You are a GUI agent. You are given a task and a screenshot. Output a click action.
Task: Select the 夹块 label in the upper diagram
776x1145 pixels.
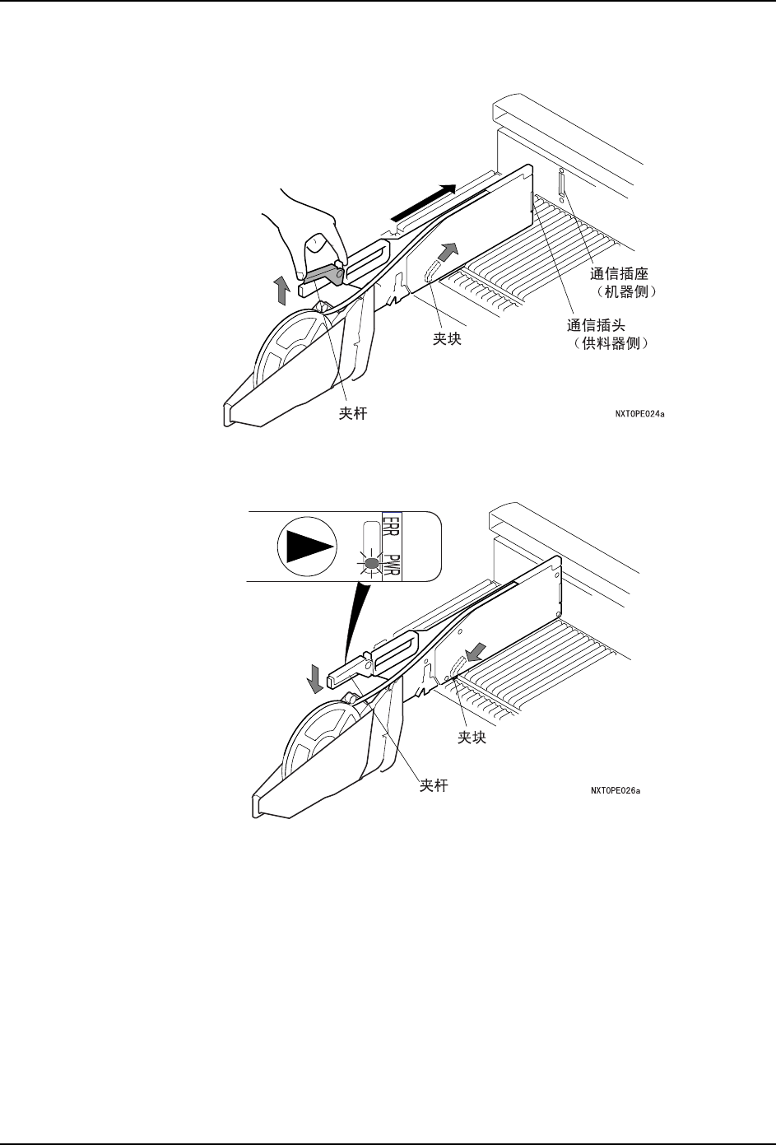pyautogui.click(x=447, y=338)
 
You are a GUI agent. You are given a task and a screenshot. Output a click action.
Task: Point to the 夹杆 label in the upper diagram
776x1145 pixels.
pyautogui.click(x=353, y=414)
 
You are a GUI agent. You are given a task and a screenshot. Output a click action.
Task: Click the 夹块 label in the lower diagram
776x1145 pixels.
pyautogui.click(x=472, y=738)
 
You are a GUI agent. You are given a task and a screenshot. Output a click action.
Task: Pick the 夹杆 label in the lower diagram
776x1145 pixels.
pyautogui.click(x=434, y=785)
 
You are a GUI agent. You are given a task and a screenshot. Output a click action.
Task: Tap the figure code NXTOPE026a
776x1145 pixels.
pyautogui.click(x=615, y=791)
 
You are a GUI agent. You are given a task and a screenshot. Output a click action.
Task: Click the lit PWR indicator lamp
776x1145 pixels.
pyautogui.click(x=371, y=564)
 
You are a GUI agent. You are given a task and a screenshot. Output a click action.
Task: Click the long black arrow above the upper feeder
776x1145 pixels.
pyautogui.click(x=423, y=202)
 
